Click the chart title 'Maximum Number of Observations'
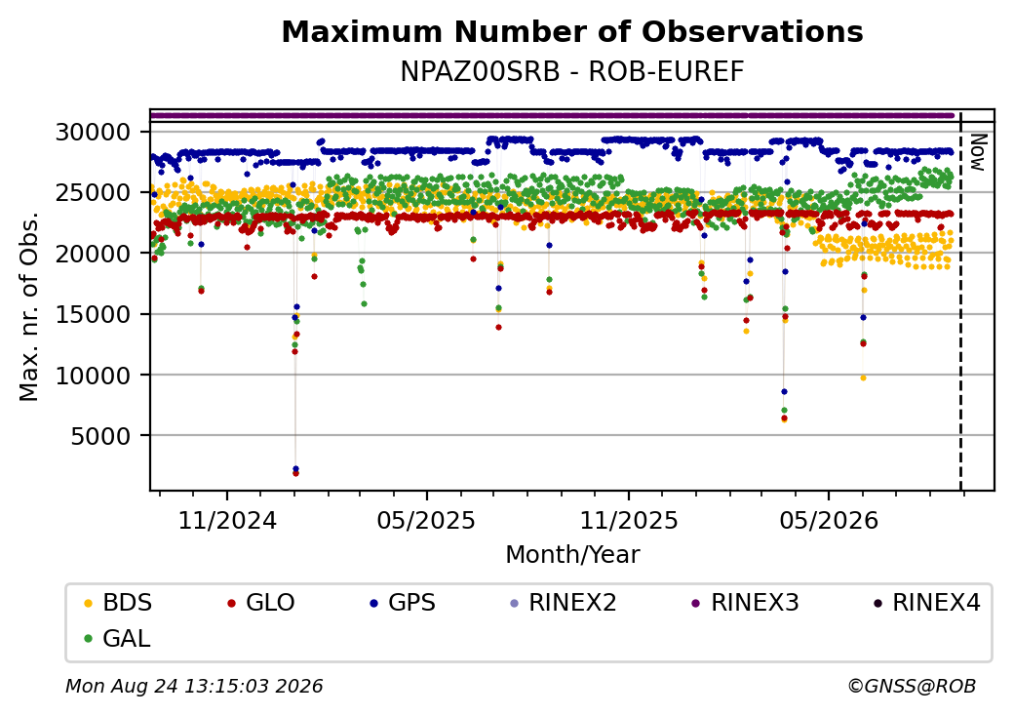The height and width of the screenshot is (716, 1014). [x=572, y=31]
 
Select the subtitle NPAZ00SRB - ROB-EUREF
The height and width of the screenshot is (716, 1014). [x=572, y=72]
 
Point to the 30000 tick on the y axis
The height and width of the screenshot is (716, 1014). [x=94, y=133]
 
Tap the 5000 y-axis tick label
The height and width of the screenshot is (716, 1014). [x=100, y=436]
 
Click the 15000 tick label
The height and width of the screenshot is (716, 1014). [x=94, y=315]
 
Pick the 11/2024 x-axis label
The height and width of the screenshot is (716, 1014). [x=227, y=520]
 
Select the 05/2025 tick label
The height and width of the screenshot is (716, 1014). [x=426, y=520]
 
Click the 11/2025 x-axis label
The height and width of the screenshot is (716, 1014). [x=629, y=520]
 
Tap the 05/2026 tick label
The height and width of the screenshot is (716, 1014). [x=829, y=520]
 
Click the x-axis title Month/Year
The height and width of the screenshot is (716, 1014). [x=572, y=554]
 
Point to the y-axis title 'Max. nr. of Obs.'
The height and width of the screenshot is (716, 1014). [x=29, y=306]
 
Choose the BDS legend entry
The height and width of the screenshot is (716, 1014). [x=118, y=603]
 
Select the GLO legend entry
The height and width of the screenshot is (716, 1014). [x=261, y=603]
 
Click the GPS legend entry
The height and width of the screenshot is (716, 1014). [x=403, y=603]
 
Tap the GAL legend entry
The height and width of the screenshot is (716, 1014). [x=118, y=638]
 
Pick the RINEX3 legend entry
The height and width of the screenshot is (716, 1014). [x=746, y=603]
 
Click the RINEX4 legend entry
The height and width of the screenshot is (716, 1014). [x=926, y=603]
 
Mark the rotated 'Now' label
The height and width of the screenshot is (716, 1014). [x=979, y=152]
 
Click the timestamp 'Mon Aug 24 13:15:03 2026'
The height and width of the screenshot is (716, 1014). [x=194, y=686]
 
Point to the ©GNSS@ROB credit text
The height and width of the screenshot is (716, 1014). [x=912, y=686]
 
